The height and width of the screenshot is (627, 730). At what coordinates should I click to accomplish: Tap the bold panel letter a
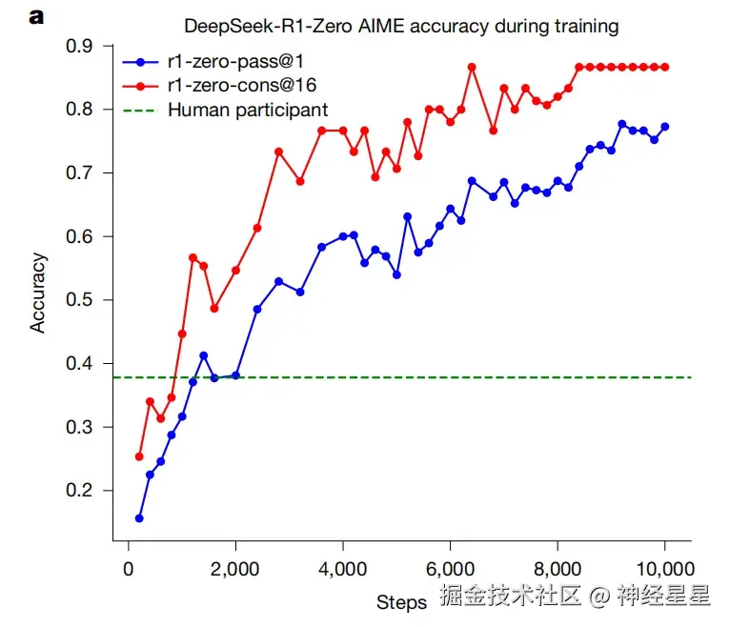point(36,16)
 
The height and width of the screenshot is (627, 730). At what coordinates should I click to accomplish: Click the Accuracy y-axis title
point(38,292)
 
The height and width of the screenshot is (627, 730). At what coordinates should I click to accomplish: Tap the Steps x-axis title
point(401,602)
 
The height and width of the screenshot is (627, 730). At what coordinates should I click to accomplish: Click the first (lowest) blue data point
point(139,518)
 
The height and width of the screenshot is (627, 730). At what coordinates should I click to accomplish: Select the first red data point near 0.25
point(139,456)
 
